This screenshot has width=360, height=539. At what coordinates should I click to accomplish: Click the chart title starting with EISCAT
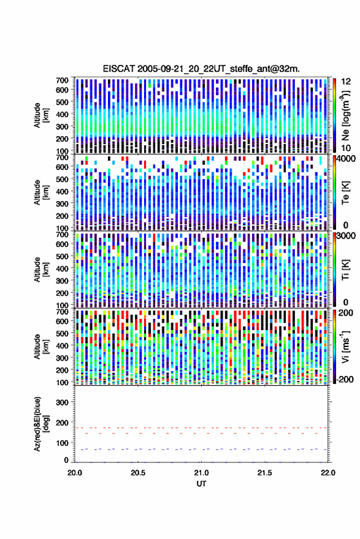(201, 69)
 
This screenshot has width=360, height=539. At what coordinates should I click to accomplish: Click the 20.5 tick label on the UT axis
(138, 473)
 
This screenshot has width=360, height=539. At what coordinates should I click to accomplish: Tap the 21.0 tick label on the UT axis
(201, 473)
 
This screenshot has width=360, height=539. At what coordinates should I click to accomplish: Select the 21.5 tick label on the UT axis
(264, 473)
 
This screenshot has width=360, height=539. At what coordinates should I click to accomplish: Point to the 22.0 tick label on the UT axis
(327, 473)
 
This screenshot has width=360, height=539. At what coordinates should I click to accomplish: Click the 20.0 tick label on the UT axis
(75, 473)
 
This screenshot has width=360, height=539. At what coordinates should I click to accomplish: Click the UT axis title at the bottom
(201, 484)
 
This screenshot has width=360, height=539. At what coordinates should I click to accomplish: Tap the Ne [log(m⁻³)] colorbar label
(345, 115)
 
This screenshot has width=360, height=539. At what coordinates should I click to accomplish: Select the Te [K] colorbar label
(345, 193)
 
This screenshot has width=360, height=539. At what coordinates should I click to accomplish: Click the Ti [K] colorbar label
(345, 270)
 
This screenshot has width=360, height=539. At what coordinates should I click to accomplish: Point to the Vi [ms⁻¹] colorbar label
(345, 346)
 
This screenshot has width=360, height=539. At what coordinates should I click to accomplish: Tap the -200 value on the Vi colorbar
(345, 380)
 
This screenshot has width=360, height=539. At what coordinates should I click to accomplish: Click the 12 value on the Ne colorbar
(346, 82)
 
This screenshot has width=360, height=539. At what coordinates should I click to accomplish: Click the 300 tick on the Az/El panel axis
(62, 402)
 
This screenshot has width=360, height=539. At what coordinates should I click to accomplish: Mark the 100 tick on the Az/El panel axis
(62, 443)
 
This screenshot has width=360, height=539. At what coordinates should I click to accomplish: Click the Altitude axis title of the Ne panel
(41, 115)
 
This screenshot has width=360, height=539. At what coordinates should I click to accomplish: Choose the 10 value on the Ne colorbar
(346, 148)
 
